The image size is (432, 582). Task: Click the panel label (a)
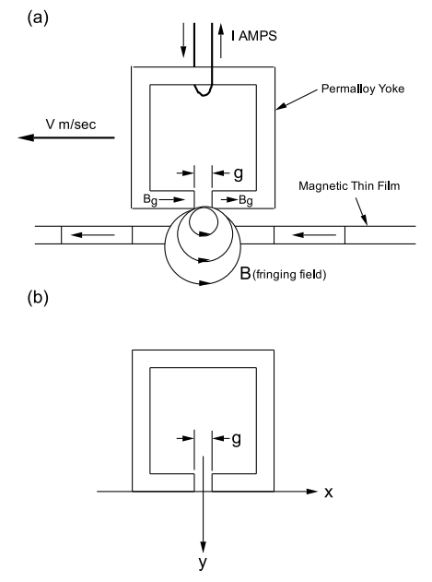click(38, 18)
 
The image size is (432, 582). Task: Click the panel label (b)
click(38, 298)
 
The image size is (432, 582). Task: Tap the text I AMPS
click(254, 36)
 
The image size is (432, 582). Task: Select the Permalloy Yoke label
click(363, 89)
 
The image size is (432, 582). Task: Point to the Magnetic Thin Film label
click(349, 185)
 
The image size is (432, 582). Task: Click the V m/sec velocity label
click(71, 124)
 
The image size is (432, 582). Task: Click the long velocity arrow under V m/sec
click(66, 137)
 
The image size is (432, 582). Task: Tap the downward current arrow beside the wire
click(183, 40)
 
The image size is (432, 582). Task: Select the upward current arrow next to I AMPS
click(221, 41)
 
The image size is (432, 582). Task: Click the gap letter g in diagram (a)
click(239, 173)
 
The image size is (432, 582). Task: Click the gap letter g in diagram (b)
click(236, 439)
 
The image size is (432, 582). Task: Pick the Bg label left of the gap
click(150, 200)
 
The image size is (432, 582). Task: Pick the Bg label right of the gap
click(246, 200)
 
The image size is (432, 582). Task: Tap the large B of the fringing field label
click(245, 273)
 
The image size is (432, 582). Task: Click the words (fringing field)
click(289, 275)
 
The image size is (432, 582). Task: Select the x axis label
click(329, 493)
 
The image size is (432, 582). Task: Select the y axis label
click(203, 563)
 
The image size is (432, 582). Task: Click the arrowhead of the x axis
click(312, 492)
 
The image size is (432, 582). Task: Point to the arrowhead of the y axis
click(203, 547)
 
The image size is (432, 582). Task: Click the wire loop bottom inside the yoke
click(203, 95)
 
